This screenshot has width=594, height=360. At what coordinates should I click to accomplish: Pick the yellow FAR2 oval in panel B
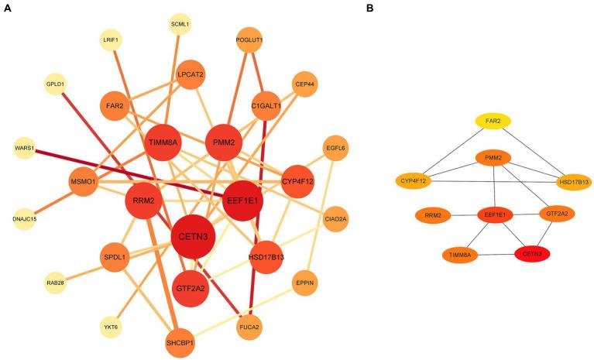[492, 121]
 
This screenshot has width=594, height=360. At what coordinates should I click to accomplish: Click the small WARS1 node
[24, 146]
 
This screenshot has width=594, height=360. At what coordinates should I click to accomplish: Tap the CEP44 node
[303, 84]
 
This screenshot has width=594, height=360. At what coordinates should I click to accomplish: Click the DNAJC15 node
[24, 218]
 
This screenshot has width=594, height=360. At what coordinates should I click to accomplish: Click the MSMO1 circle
[84, 183]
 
